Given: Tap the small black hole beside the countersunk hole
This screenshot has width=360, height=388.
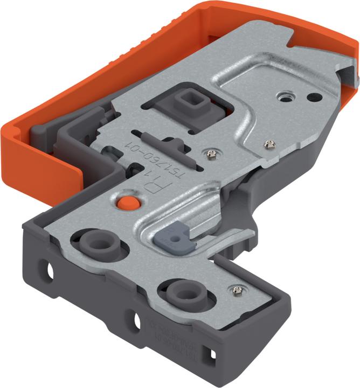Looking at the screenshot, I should click(x=311, y=98).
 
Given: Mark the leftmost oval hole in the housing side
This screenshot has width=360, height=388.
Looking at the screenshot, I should click(x=49, y=269).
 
